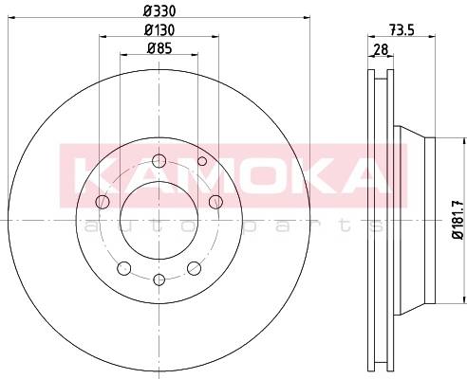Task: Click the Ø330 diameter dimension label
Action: click(159, 11)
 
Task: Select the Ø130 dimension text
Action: click(159, 30)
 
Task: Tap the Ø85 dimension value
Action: click(159, 48)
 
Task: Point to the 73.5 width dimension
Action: click(402, 30)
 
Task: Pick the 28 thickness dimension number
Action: click(381, 49)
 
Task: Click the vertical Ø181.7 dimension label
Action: click(458, 220)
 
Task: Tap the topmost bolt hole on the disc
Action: click(159, 161)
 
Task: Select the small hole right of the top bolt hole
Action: click(202, 161)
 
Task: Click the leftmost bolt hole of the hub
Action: click(103, 202)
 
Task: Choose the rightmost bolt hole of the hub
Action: click(215, 202)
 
